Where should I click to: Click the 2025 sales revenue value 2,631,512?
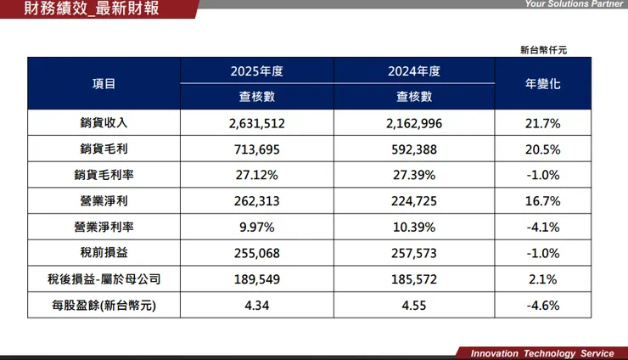(x=257, y=124)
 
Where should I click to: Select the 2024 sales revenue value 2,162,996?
(x=414, y=124)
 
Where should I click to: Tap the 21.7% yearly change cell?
(x=543, y=124)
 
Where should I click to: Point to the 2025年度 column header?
(x=257, y=71)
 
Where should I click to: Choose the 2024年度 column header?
(x=414, y=71)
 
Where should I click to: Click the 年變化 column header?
(x=543, y=84)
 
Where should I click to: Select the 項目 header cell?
(x=104, y=84)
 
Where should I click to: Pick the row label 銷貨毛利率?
(x=104, y=176)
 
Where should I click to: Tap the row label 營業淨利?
(x=104, y=202)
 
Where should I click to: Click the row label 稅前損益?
(x=104, y=253)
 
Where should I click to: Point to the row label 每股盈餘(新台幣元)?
(x=104, y=305)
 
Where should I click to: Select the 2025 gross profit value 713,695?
(x=257, y=150)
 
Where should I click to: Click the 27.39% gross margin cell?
(x=414, y=176)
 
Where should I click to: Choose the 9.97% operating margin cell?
(x=257, y=228)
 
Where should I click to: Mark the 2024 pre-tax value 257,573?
(x=414, y=253)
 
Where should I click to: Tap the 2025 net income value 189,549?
(x=257, y=279)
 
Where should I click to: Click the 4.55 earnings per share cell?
(x=414, y=305)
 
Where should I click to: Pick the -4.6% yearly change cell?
(x=543, y=305)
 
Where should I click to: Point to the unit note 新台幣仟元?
(x=543, y=50)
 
